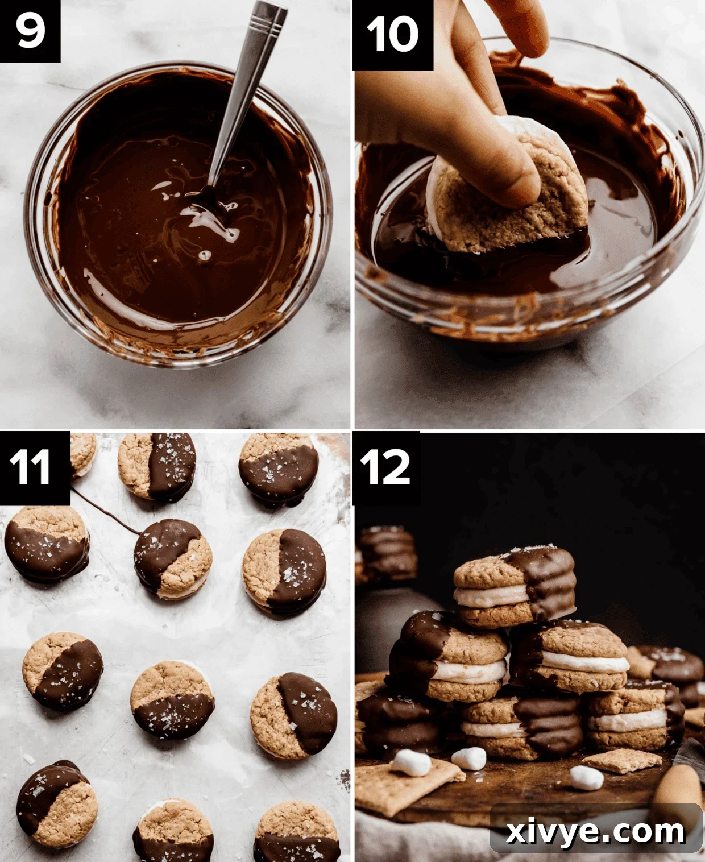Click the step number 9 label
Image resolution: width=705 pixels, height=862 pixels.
pyautogui.click(x=30, y=31)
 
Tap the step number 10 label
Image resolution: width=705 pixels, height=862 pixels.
pyautogui.click(x=392, y=34)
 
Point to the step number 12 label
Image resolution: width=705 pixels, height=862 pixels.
pyautogui.click(x=385, y=468)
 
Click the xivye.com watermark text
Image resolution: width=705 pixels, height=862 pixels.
pyautogui.click(x=595, y=831)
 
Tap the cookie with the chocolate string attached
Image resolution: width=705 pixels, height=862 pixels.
pyautogui.click(x=172, y=557)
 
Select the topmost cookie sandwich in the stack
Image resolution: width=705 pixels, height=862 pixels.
pyautogui.click(x=515, y=586)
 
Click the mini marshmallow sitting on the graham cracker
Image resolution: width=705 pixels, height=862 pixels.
pyautogui.click(x=410, y=762)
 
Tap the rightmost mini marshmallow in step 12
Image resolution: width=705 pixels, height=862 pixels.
pyautogui.click(x=586, y=777)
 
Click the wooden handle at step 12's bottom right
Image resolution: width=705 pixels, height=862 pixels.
pyautogui.click(x=677, y=790)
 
